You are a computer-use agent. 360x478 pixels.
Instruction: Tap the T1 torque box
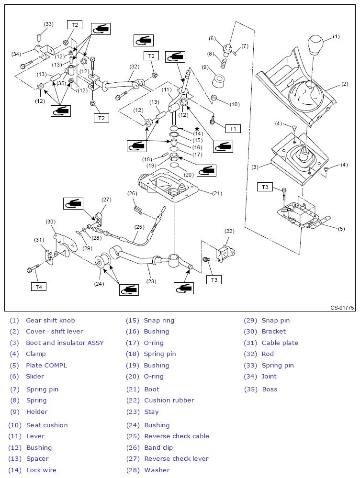click(233, 128)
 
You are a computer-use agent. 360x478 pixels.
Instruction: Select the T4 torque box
click(39, 287)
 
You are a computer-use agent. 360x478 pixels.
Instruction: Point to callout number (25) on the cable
click(139, 227)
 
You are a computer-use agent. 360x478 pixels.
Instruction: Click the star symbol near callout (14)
click(196, 128)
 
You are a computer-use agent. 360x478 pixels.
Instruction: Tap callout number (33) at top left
click(48, 24)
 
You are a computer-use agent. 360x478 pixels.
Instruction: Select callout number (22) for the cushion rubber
click(230, 231)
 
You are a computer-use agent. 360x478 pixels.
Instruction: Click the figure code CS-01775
click(342, 308)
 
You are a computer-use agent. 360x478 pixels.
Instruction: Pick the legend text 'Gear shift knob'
click(50, 320)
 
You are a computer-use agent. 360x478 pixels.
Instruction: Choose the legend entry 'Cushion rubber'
click(169, 400)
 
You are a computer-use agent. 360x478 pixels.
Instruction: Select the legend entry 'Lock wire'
click(41, 470)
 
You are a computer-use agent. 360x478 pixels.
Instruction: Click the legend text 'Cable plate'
click(280, 343)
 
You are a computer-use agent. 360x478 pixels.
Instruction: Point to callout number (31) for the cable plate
click(39, 240)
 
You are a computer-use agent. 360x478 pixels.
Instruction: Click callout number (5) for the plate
click(341, 229)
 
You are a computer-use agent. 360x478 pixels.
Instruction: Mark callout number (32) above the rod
click(134, 66)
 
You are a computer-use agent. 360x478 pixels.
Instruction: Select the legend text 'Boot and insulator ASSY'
click(65, 343)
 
